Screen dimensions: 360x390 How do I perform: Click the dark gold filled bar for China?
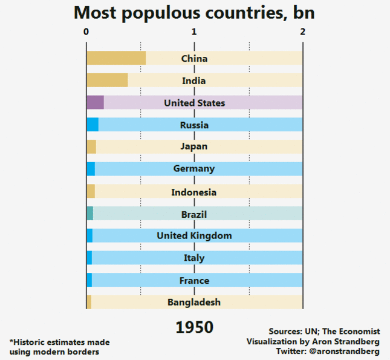click(116, 58)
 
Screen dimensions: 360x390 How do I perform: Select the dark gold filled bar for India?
click(107, 80)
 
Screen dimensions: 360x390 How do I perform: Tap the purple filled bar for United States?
click(95, 103)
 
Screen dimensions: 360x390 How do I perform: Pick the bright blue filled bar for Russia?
click(93, 125)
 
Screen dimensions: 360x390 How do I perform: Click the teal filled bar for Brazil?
click(90, 214)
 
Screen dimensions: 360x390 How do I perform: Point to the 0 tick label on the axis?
click(86, 31)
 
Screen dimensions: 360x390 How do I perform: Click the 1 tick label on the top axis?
click(194, 31)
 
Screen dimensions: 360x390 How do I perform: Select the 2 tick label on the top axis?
click(302, 31)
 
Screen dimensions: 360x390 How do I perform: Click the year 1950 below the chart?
click(194, 327)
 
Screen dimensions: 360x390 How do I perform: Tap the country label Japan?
click(194, 146)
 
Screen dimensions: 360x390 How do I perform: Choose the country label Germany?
click(194, 169)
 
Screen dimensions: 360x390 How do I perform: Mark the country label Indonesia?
click(194, 192)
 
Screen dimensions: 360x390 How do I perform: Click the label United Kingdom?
click(194, 235)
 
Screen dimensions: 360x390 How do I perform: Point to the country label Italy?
click(194, 258)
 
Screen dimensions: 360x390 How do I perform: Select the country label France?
click(194, 281)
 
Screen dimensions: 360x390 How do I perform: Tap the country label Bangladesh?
click(194, 302)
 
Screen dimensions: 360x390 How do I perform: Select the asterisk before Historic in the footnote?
click(11, 341)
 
